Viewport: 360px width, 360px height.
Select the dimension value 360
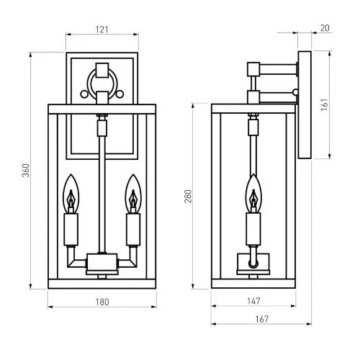click(x=26, y=170)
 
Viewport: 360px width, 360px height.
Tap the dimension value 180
click(x=102, y=302)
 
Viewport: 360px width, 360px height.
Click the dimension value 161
click(x=336, y=104)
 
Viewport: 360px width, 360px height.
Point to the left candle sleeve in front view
click(x=71, y=230)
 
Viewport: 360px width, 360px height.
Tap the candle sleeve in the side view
click(x=253, y=230)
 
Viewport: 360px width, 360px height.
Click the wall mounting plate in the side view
click(x=304, y=104)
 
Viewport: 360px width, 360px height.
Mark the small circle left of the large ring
click(x=84, y=91)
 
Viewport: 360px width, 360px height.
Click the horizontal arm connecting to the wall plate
click(x=278, y=70)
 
